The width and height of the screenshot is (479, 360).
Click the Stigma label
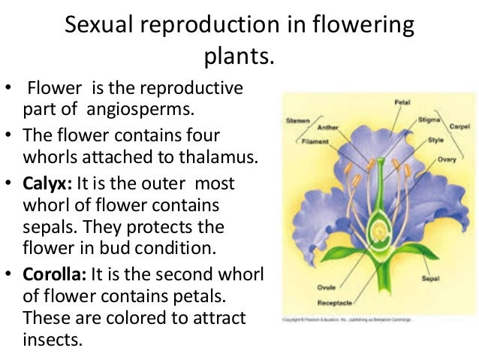coord(429,118)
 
